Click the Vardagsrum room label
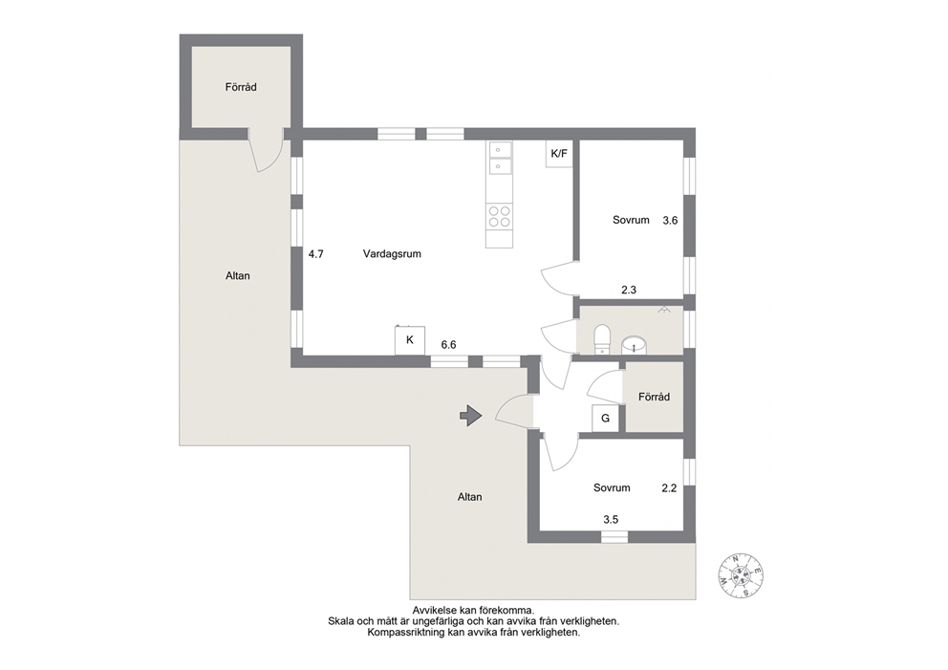coord(392,254)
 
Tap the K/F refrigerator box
coord(559,154)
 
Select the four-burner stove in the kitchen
coord(500,216)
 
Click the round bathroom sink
coord(635,345)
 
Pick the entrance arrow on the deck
coord(470,416)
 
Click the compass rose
coord(741,575)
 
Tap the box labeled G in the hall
coord(605,418)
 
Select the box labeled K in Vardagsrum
coord(410,340)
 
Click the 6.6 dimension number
coord(448,345)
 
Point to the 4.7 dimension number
coord(316,254)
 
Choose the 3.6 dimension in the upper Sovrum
coord(670,221)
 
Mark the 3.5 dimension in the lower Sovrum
coord(611,519)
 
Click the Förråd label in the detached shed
coord(241,87)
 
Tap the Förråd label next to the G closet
coord(655,397)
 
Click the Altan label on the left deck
coord(238,275)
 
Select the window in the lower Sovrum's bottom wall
coord(614,536)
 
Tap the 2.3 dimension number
coord(629,291)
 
